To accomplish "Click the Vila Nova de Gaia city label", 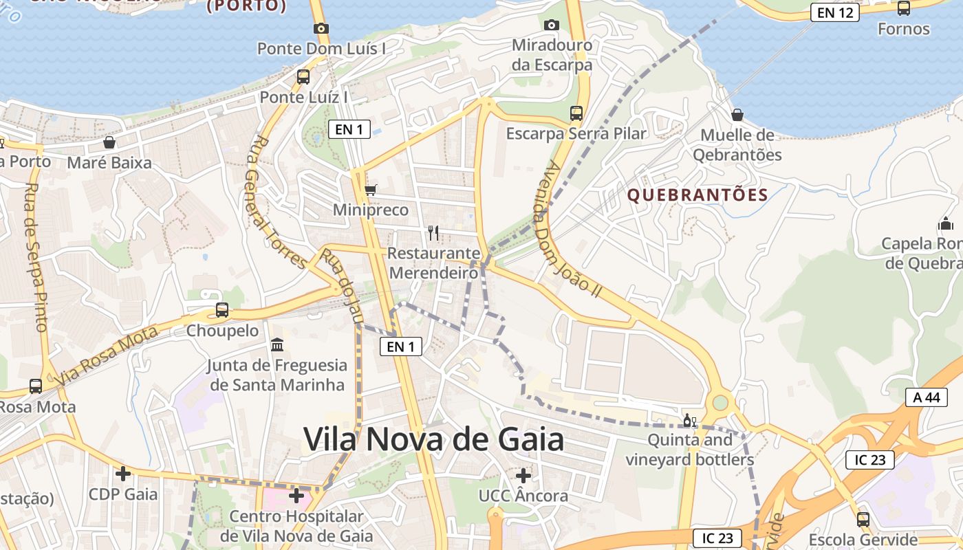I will pyautogui.click(x=433, y=439).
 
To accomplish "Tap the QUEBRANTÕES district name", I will pyautogui.click(x=697, y=195).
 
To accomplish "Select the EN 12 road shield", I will pyautogui.click(x=834, y=12).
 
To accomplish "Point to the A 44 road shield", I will pyautogui.click(x=926, y=397).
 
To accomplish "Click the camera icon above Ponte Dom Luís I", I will pyautogui.click(x=321, y=28).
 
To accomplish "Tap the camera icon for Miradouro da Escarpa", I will pyautogui.click(x=551, y=25).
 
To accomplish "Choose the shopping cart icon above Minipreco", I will pyautogui.click(x=371, y=190).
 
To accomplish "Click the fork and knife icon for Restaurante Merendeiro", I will pyautogui.click(x=433, y=232).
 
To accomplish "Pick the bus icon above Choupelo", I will pyautogui.click(x=222, y=310).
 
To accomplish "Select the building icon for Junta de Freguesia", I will pyautogui.click(x=277, y=344).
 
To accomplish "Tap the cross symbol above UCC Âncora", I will pyautogui.click(x=523, y=475).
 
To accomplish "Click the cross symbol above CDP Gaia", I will pyautogui.click(x=123, y=474).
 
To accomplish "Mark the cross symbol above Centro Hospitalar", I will pyautogui.click(x=296, y=495).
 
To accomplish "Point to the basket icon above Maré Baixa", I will pyautogui.click(x=109, y=142).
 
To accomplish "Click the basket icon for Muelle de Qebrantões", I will pyautogui.click(x=737, y=115).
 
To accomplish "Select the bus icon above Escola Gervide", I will pyautogui.click(x=863, y=519).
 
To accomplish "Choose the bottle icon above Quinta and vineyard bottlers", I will pyautogui.click(x=689, y=420).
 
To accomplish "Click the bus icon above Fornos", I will pyautogui.click(x=904, y=8).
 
